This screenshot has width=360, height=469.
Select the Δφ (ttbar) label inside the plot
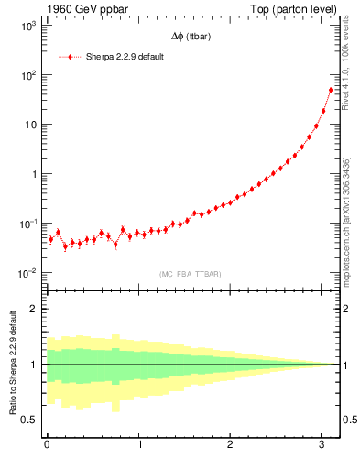(x=191, y=38)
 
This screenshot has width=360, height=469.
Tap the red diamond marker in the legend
(x=70, y=57)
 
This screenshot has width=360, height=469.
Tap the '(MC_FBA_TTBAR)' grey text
(x=191, y=275)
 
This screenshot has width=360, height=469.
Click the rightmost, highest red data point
(x=331, y=90)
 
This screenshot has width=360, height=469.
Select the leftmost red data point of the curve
(x=51, y=239)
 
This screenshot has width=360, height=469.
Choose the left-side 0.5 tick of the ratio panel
(x=30, y=420)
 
